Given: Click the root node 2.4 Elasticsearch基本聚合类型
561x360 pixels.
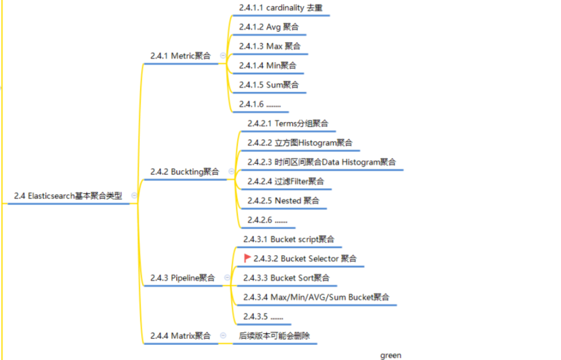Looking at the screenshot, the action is click(x=68, y=196).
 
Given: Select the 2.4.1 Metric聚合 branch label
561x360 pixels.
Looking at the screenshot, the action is click(x=180, y=56).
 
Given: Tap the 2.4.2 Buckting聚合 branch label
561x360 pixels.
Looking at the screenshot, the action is click(x=184, y=172).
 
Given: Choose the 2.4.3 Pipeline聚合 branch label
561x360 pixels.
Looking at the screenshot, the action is click(x=182, y=278).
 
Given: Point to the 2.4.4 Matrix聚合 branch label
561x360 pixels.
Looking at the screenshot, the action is click(x=180, y=336).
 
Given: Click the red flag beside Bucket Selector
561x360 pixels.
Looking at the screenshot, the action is click(x=248, y=259).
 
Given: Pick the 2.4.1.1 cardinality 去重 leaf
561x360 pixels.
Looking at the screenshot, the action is click(x=280, y=8).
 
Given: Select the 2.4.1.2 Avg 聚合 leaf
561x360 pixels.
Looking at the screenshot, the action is click(x=268, y=27).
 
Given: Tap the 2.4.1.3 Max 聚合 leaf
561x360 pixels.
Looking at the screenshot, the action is click(x=269, y=47).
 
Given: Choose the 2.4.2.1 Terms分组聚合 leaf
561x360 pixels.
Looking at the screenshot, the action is click(x=287, y=123).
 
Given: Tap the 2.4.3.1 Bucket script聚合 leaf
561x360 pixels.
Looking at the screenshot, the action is click(x=289, y=239).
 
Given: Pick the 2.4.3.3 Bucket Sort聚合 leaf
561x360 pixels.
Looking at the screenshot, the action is click(x=286, y=278).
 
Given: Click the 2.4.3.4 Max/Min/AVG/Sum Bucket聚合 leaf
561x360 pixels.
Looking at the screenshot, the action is click(x=316, y=298).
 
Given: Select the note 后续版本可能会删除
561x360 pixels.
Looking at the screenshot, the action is click(x=278, y=336).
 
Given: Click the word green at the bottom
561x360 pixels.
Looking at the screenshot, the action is click(x=391, y=355).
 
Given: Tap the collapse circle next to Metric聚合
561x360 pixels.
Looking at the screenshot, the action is click(x=222, y=56).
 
